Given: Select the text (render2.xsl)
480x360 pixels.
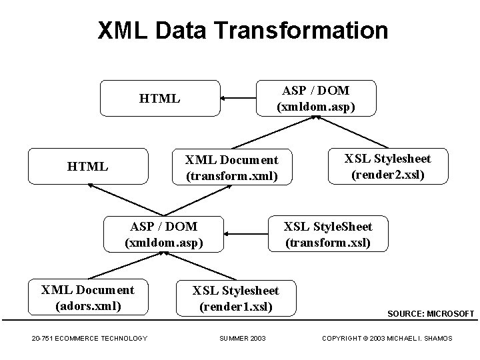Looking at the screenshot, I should (387, 175).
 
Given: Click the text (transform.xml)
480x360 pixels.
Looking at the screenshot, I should (231, 177).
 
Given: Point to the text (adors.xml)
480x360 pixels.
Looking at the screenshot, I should (87, 307).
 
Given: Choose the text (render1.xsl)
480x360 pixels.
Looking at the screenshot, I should (236, 307).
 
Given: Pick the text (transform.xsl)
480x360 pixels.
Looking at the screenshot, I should (327, 243).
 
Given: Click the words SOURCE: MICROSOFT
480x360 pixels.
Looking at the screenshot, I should (431, 313).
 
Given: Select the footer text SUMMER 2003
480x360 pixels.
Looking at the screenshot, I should (242, 339).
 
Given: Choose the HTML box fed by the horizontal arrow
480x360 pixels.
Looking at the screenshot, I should (159, 99).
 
